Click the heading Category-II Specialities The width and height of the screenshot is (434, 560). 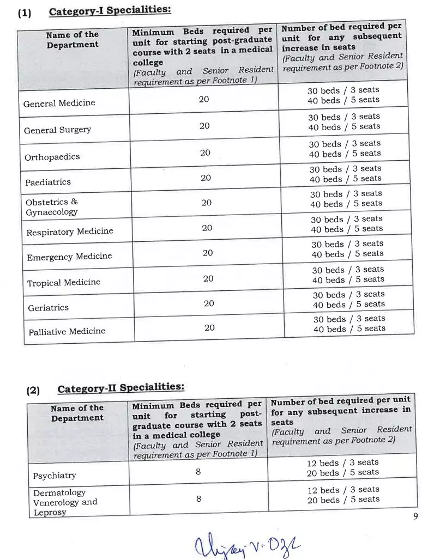[x=120, y=388]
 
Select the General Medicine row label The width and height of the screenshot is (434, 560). [x=59, y=103]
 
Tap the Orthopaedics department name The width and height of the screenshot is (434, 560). [x=52, y=157]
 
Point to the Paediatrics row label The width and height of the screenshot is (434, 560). [x=48, y=182]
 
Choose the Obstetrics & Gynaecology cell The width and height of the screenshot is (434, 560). [x=52, y=207]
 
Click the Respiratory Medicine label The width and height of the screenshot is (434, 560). [x=70, y=232]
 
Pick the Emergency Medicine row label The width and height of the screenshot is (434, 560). [x=69, y=257]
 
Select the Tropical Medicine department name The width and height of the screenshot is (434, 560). [x=64, y=282]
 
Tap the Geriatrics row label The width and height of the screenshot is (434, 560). [x=49, y=308]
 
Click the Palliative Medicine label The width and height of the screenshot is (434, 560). [x=67, y=331]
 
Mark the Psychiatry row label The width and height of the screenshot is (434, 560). [x=55, y=476]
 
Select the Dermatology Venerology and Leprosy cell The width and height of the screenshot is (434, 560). [x=65, y=502]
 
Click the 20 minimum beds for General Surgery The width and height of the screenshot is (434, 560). [x=204, y=126]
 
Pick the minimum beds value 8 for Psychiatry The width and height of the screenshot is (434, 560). [x=198, y=472]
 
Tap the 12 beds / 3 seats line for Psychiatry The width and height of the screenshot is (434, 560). [x=343, y=462]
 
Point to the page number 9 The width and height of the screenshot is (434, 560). [x=415, y=516]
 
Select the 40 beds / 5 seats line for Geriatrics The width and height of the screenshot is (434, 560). [x=349, y=305]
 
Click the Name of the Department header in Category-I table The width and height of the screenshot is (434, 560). [x=73, y=40]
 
